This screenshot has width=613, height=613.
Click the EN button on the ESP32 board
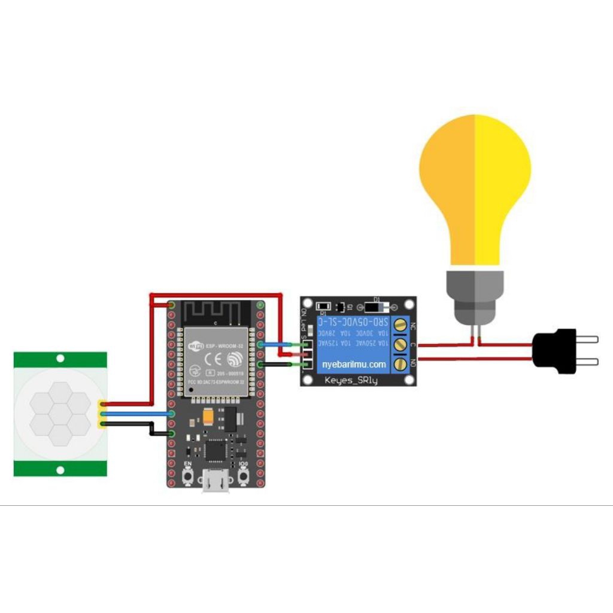click(187, 477)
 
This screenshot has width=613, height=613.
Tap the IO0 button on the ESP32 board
click(244, 477)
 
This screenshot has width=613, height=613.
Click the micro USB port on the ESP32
click(216, 482)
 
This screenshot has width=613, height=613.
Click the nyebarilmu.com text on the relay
click(354, 364)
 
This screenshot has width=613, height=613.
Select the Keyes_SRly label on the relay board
click(351, 381)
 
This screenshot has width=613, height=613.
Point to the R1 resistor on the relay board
click(323, 306)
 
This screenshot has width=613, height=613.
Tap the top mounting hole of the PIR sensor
click(60, 359)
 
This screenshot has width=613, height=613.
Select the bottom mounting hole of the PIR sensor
click(60, 470)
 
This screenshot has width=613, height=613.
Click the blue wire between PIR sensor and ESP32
click(138, 414)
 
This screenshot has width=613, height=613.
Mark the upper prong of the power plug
click(587, 339)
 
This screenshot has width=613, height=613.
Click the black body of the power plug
click(554, 351)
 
